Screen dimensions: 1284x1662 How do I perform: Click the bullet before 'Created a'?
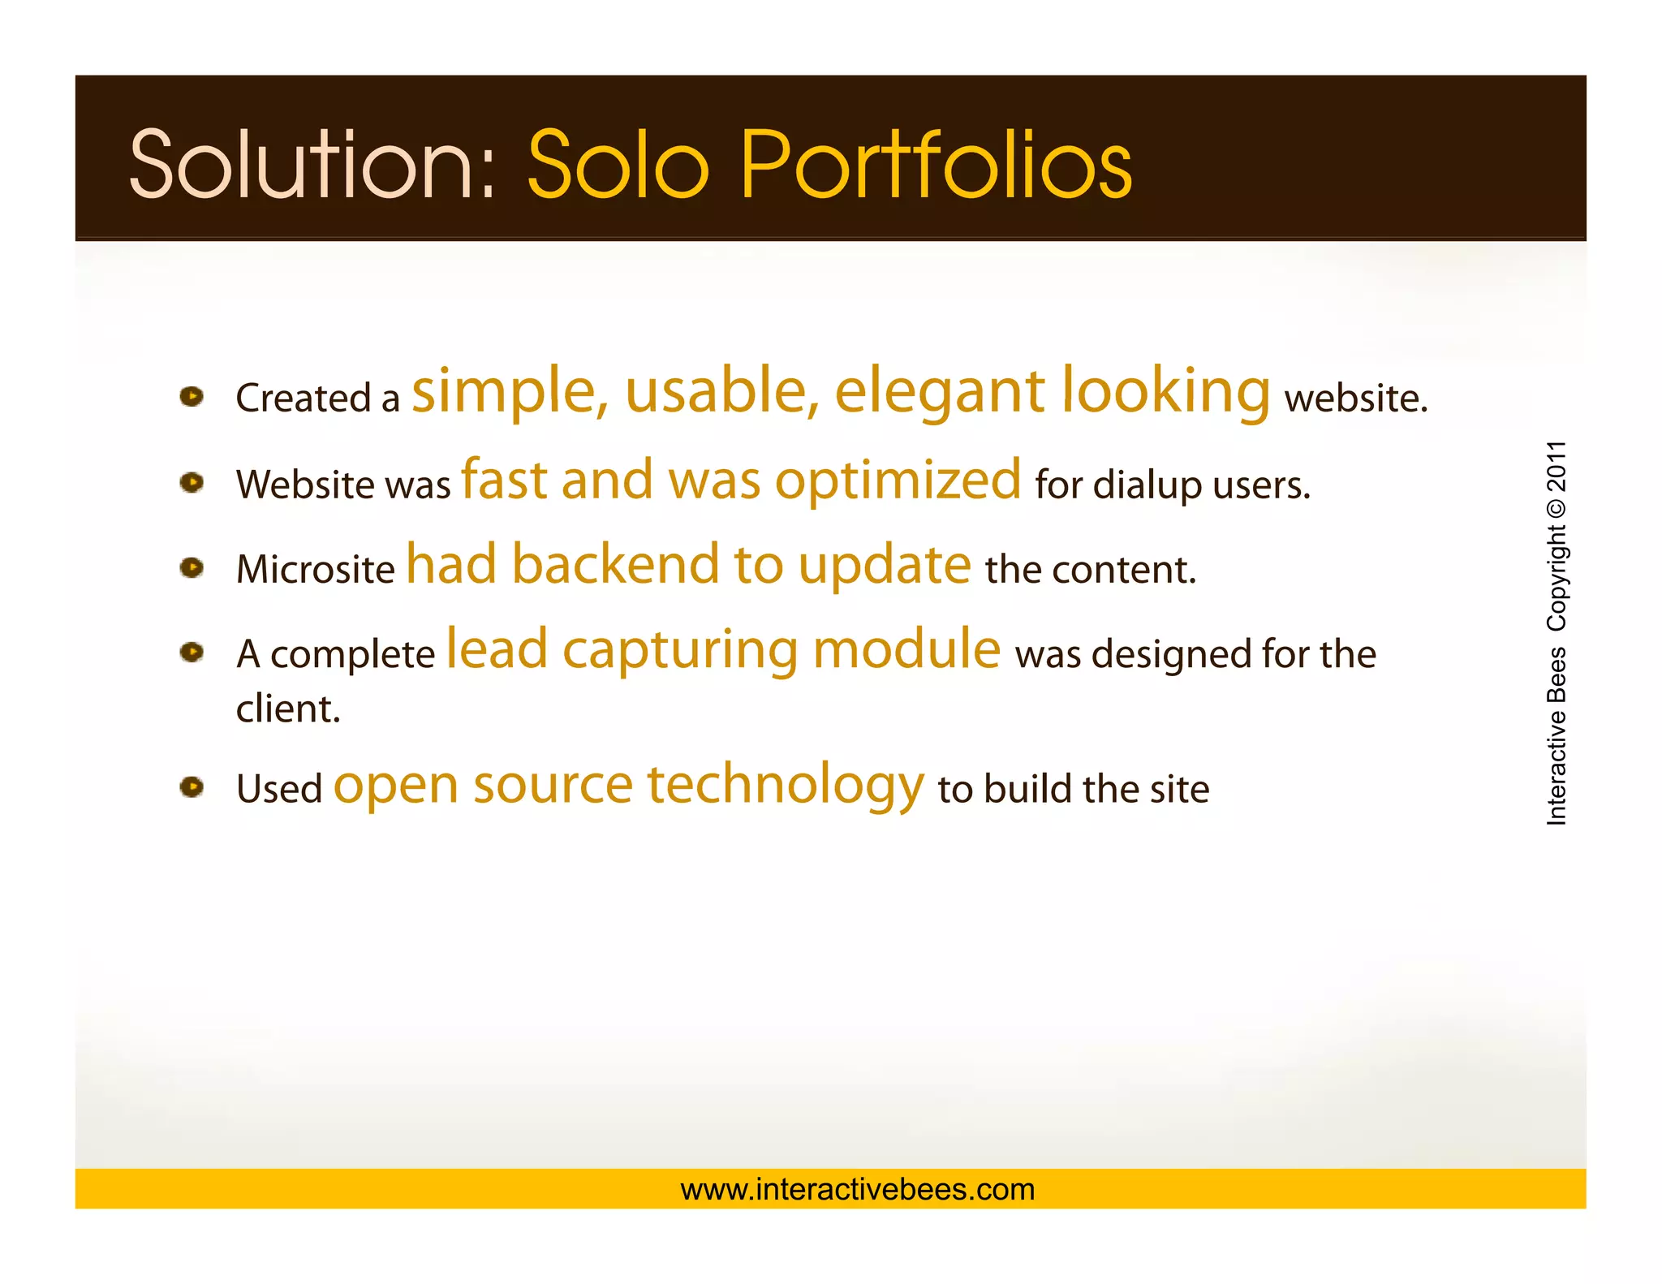point(192,397)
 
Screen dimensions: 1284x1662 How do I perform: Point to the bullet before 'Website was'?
point(192,483)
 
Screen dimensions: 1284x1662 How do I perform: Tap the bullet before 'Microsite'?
point(192,567)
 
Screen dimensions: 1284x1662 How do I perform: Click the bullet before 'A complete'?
point(192,652)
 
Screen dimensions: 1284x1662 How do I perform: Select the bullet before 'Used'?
point(192,786)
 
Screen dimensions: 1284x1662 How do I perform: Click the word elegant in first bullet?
point(940,393)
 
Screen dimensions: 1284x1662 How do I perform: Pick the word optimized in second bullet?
point(898,480)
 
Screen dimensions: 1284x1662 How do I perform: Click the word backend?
point(616,565)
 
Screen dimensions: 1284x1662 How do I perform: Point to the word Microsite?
point(315,569)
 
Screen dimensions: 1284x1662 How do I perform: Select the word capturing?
point(680,652)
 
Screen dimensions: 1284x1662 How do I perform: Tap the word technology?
point(785,786)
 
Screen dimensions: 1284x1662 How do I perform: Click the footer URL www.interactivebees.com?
point(857,1189)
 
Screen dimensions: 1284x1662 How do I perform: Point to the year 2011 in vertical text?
point(1557,467)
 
